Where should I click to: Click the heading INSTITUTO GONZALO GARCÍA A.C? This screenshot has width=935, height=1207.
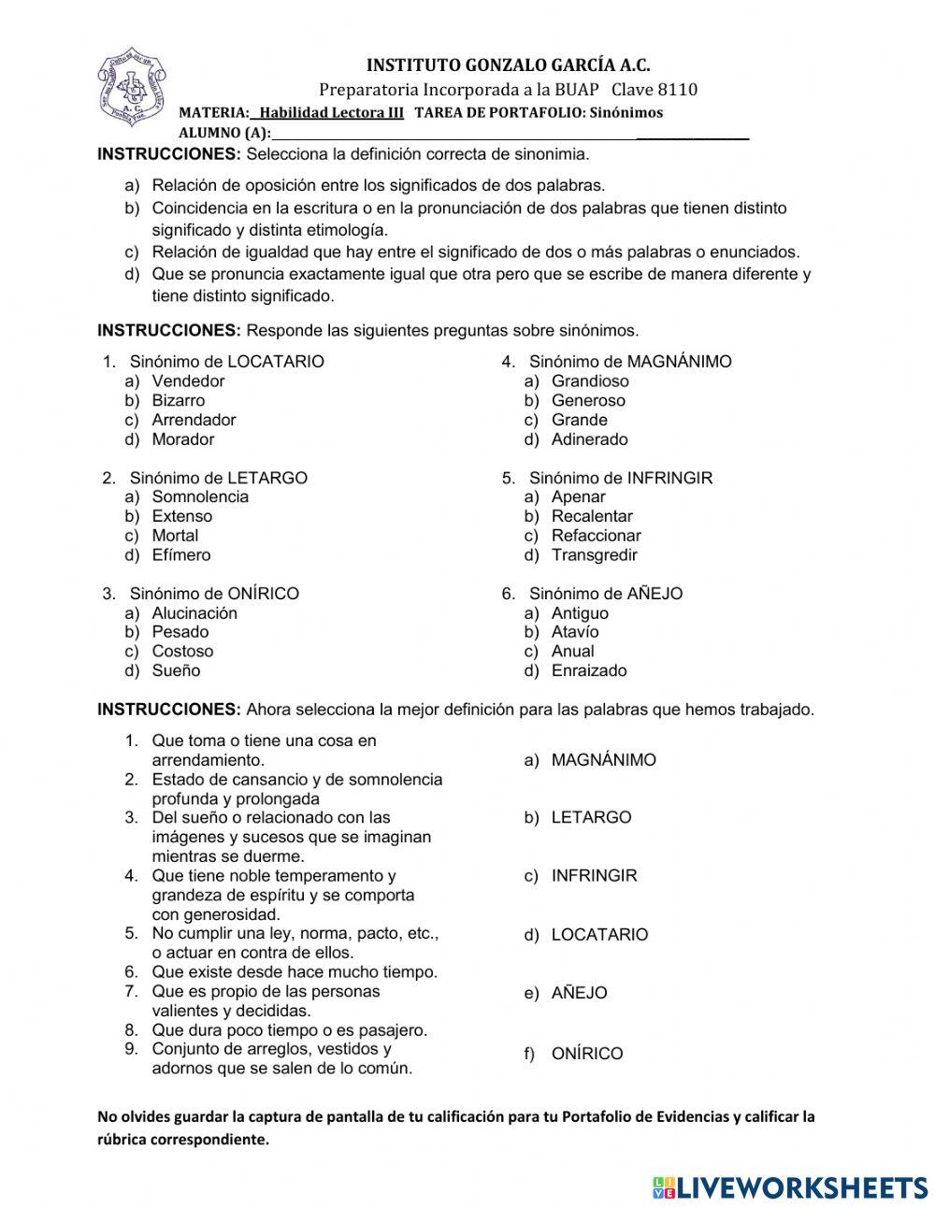point(508,65)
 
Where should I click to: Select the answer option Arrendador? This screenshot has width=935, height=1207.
point(194,420)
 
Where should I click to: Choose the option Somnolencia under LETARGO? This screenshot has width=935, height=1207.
point(200,496)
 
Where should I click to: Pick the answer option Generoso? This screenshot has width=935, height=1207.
point(588,400)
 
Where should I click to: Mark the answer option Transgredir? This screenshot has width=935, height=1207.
point(594,554)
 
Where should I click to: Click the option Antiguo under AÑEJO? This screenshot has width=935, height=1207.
point(580,613)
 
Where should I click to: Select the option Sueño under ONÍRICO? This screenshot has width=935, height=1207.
point(176,670)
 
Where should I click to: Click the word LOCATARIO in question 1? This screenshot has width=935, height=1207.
point(276,362)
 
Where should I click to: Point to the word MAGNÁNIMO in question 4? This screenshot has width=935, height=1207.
point(679,362)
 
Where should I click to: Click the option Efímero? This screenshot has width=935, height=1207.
point(181,554)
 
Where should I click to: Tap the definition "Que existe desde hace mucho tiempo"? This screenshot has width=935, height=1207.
point(294,972)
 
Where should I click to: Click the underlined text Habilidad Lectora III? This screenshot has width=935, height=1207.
point(331,113)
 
